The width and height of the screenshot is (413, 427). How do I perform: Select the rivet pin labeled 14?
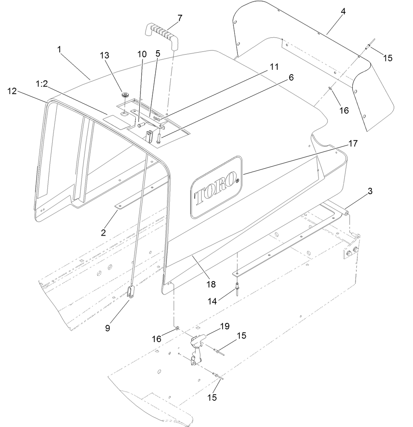click(237, 286)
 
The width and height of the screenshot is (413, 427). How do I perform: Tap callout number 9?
click(107, 329)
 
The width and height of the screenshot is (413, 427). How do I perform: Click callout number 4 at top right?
click(343, 11)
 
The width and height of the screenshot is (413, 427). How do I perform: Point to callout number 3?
click(370, 191)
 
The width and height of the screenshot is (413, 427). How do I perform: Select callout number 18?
click(211, 284)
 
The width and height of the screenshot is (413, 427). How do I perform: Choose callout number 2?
click(103, 232)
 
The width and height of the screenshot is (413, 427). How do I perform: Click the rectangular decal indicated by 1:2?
click(112, 119)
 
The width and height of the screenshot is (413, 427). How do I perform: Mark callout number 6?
click(291, 77)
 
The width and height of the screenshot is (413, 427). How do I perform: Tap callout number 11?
click(274, 66)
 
